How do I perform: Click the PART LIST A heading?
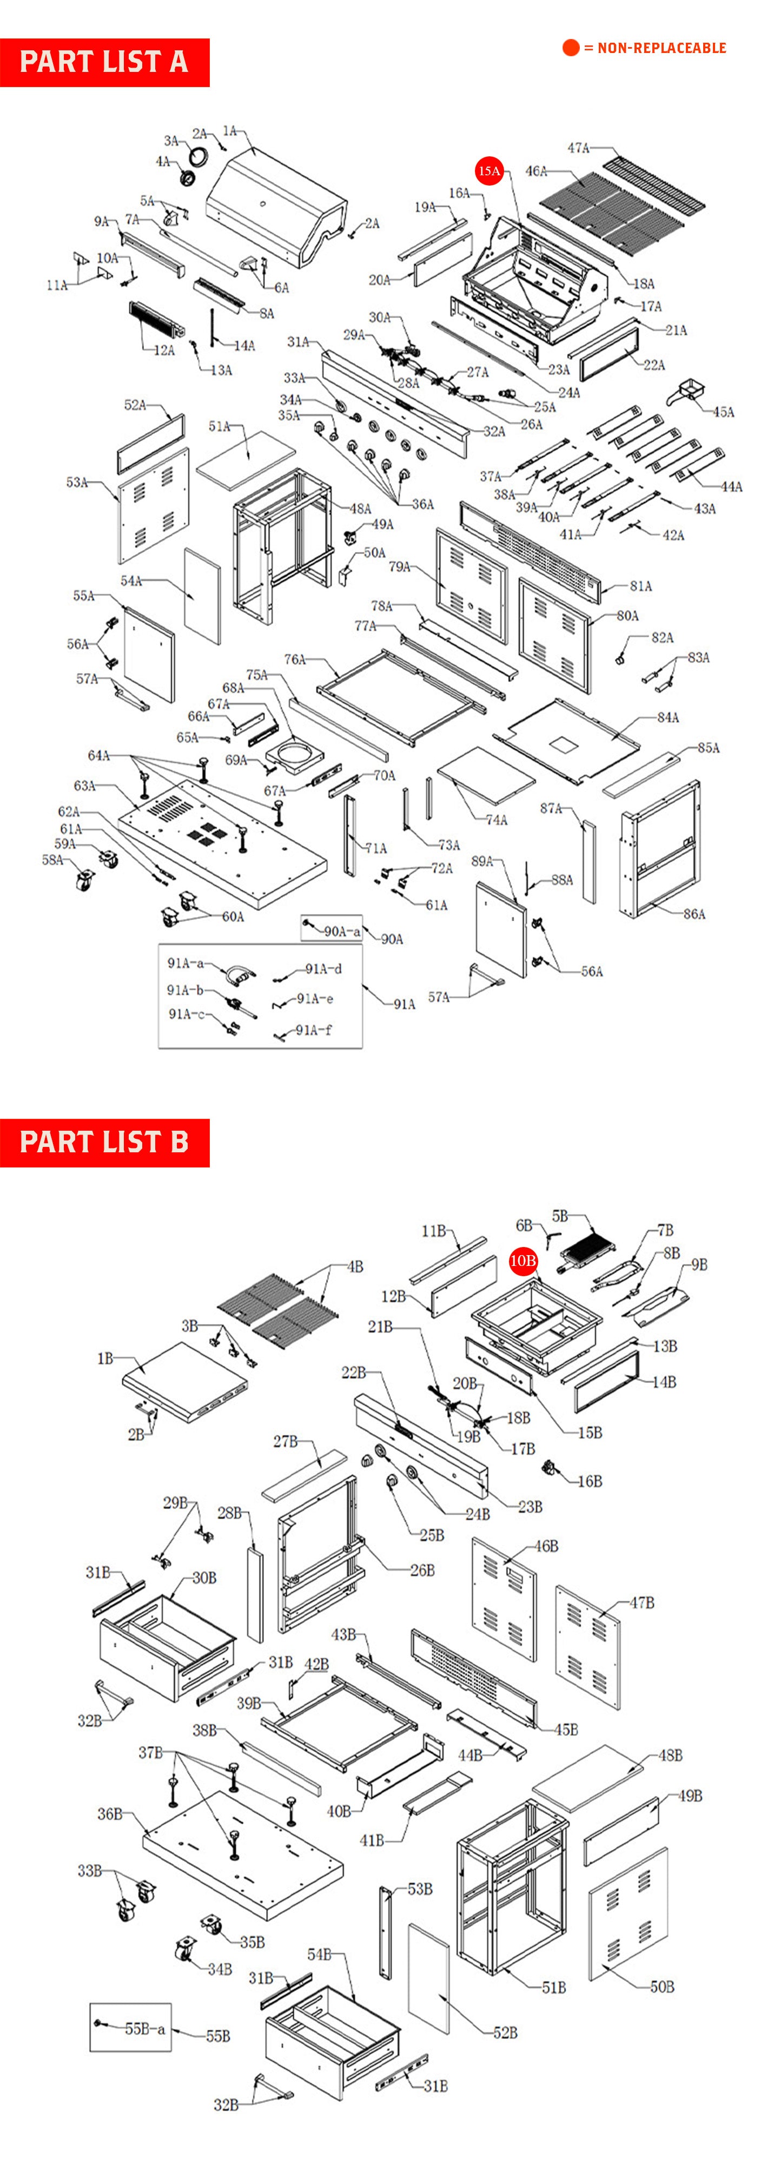[104, 62]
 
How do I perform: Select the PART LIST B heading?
[104, 1143]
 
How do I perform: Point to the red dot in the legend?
[571, 48]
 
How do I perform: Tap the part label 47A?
[578, 148]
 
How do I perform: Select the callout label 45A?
[723, 412]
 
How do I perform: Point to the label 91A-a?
[186, 963]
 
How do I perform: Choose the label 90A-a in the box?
[342, 931]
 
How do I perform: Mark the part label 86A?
[694, 914]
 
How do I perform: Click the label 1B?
[105, 1358]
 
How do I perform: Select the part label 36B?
[110, 1813]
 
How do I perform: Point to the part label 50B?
[662, 1987]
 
